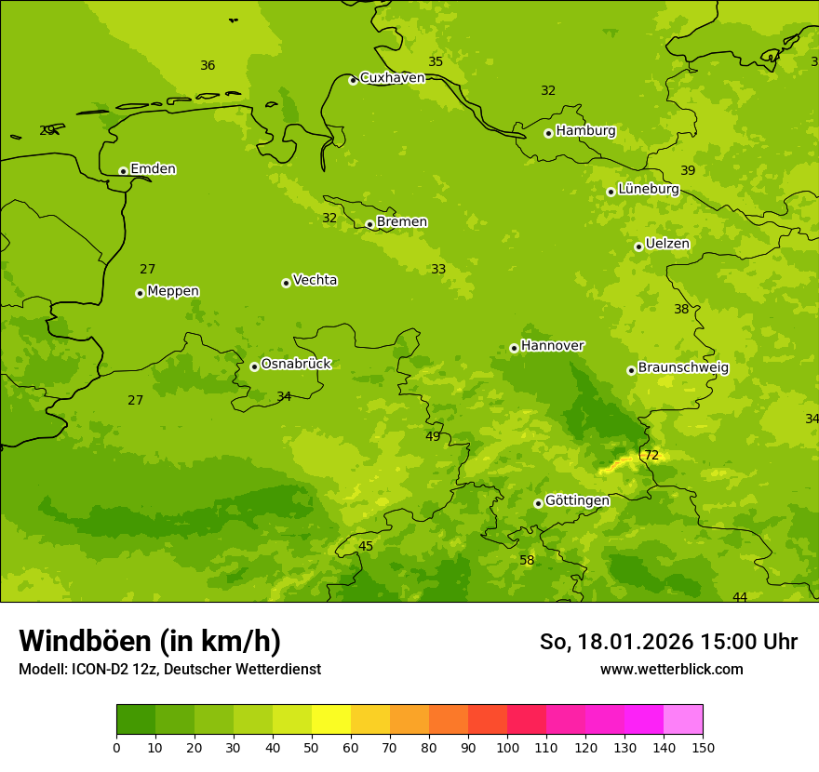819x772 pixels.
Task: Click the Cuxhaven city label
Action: [392, 78]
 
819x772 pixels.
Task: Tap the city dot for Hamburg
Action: [548, 133]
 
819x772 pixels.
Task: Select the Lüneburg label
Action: [648, 189]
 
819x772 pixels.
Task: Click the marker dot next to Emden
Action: [123, 171]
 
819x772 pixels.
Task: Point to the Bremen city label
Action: [401, 222]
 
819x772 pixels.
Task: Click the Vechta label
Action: [315, 280]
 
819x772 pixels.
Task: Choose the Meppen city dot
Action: [140, 293]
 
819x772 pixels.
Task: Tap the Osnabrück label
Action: [295, 364]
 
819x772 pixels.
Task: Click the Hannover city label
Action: [552, 346]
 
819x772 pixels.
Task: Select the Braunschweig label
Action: [683, 368]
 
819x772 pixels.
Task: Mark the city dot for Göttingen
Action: [538, 503]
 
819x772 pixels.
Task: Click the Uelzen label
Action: [667, 245]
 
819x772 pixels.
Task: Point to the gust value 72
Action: [651, 456]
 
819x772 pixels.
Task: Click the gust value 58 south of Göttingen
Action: [527, 561]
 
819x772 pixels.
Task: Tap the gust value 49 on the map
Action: [433, 436]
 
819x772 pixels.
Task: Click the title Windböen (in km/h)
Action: [150, 641]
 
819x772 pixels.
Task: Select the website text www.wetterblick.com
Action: [671, 669]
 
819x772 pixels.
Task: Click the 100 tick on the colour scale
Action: [507, 747]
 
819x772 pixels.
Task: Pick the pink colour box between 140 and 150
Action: [683, 719]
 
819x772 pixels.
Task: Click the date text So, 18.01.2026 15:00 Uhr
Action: [668, 642]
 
